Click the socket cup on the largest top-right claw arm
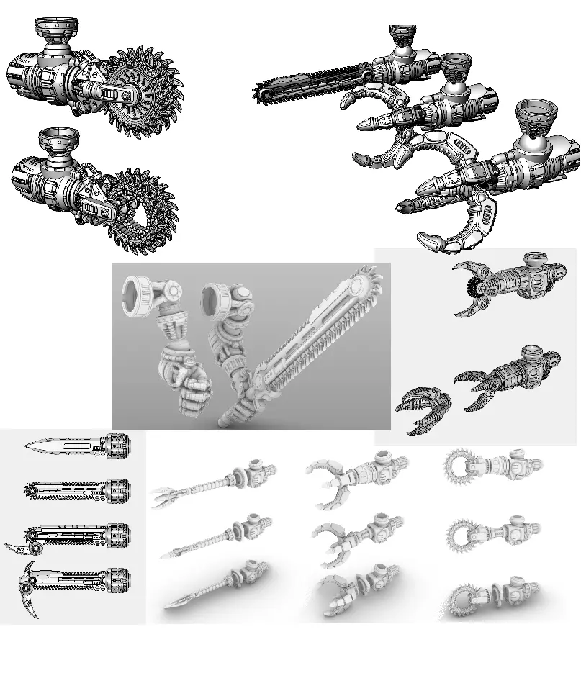point(536,114)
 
